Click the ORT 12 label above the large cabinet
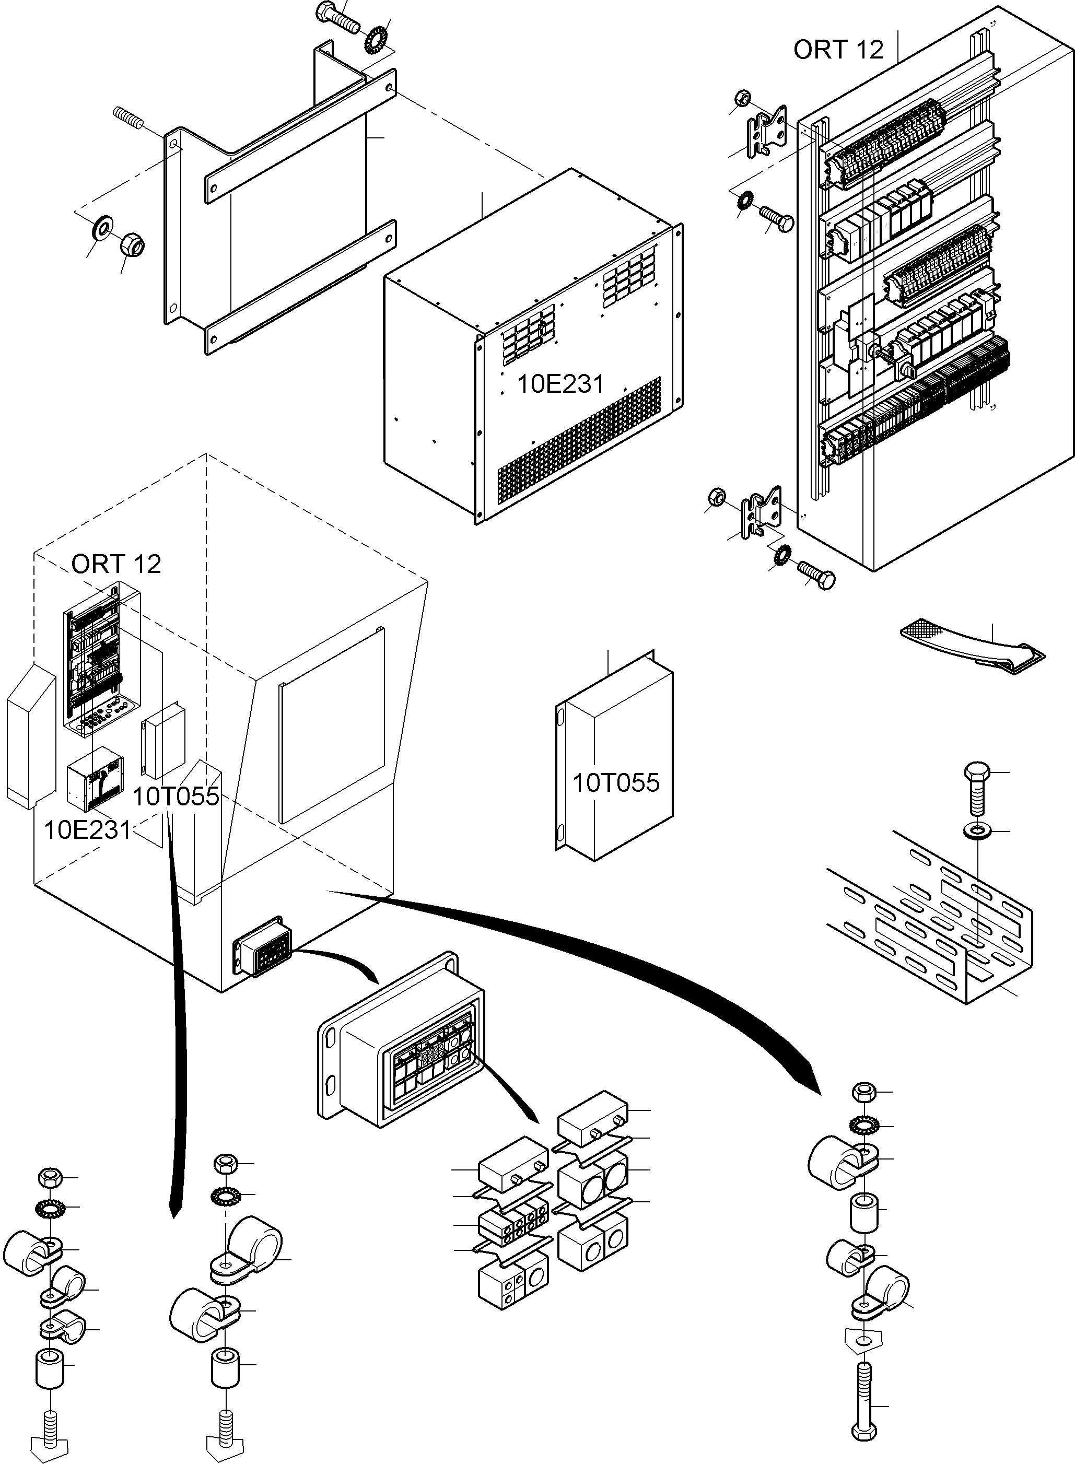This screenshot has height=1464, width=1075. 838,50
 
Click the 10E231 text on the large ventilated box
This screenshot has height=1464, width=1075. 561,384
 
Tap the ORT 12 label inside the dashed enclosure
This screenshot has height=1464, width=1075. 116,564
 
